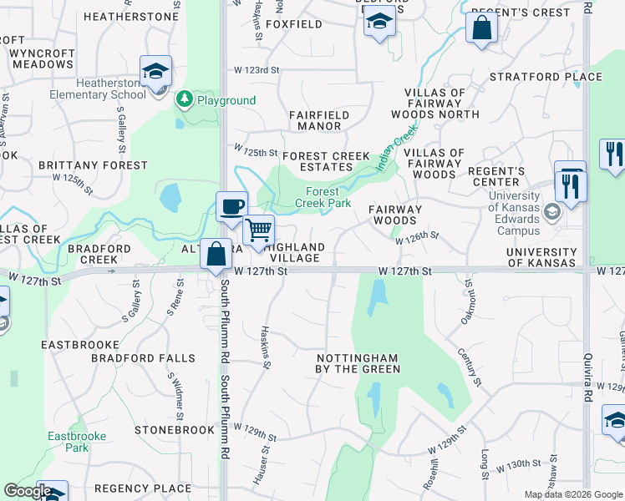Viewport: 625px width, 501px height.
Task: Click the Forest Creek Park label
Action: (x=323, y=197)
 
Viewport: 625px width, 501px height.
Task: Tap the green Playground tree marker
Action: (x=185, y=100)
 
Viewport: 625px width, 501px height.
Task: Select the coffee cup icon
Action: (x=231, y=205)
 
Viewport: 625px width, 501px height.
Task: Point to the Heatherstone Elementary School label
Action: (x=110, y=89)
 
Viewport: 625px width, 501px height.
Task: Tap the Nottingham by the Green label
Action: (x=357, y=363)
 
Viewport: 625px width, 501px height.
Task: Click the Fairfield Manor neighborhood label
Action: (x=315, y=120)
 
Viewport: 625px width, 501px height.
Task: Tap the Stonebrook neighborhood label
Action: (x=175, y=430)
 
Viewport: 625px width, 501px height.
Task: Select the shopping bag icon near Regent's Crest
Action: (x=482, y=28)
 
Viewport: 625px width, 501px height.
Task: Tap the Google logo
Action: (x=28, y=491)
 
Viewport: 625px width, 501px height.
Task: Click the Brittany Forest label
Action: (x=93, y=165)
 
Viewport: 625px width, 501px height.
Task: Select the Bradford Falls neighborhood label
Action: (x=143, y=358)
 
